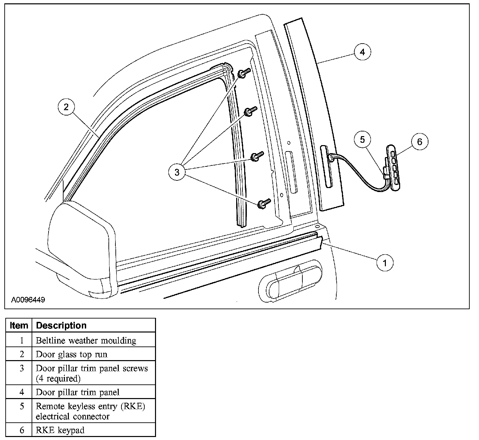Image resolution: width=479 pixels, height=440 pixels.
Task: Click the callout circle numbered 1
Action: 385,263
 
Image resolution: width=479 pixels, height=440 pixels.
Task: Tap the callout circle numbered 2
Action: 66,107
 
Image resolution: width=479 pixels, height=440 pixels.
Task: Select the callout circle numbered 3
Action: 177,172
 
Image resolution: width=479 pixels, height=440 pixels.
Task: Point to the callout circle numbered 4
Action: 362,52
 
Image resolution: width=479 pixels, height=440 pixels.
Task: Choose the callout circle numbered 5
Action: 362,140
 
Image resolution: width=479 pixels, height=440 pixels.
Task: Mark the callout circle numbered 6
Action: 419,142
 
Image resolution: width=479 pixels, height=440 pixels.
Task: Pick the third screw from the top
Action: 257,155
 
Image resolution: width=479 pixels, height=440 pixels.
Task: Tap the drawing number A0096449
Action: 28,300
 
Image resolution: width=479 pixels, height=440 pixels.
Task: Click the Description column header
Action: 61,326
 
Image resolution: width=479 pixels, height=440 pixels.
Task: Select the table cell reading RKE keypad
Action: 60,430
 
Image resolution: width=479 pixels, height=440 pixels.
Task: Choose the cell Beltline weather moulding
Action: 86,340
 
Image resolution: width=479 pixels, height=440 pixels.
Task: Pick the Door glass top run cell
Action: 72,354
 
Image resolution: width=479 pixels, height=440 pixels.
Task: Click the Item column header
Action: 19,326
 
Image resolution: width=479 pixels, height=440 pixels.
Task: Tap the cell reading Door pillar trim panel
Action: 78,392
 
